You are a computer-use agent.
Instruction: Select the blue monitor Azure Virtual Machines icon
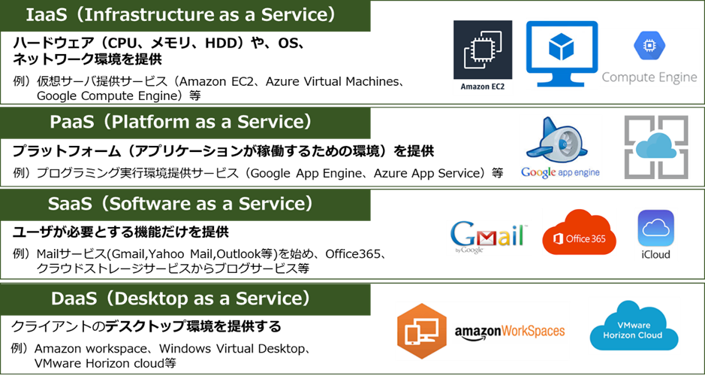tap(562, 53)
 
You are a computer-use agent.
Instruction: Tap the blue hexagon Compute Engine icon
tap(649, 45)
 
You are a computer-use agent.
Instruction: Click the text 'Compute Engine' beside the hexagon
tap(649, 77)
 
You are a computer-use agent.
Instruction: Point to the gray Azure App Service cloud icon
tap(656, 147)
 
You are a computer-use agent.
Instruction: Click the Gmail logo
tap(489, 237)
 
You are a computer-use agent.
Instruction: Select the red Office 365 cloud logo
tap(579, 232)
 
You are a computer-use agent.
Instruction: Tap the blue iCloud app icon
tap(655, 228)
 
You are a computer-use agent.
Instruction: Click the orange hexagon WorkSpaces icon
tap(421, 331)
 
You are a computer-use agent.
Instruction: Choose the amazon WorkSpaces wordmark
tap(509, 332)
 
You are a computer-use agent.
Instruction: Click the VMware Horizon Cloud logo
tap(634, 326)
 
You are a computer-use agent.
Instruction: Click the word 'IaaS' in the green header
tap(47, 15)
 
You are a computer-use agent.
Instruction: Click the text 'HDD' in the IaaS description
tap(220, 43)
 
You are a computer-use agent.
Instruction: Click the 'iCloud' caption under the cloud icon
tap(655, 255)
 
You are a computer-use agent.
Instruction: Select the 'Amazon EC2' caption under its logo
tap(483, 87)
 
